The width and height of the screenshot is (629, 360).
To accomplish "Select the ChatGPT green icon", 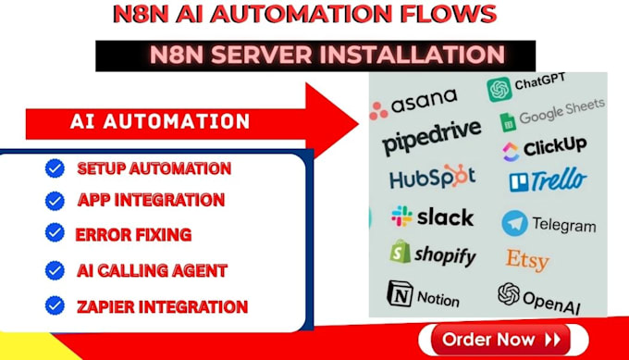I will pos(499,89).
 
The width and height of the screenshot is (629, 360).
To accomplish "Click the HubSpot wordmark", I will pos(432,177).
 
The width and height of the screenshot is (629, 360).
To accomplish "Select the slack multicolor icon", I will pos(401,217).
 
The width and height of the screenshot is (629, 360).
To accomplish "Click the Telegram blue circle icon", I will pos(514,223).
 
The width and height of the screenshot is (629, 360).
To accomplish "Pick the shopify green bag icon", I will pos(400,253).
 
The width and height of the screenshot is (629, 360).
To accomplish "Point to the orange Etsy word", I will pos(526,259).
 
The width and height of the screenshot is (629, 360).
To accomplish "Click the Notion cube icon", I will pos(399,295).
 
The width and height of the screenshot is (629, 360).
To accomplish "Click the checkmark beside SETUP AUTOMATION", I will pos(55,168).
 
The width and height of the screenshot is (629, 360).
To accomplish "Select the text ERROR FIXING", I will pos(133,234).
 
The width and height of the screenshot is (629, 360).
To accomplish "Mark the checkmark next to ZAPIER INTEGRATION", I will pos(55,304).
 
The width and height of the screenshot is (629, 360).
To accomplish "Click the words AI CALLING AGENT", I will pos(153,270).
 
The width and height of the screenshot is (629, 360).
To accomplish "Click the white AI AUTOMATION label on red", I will pos(160,122).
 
